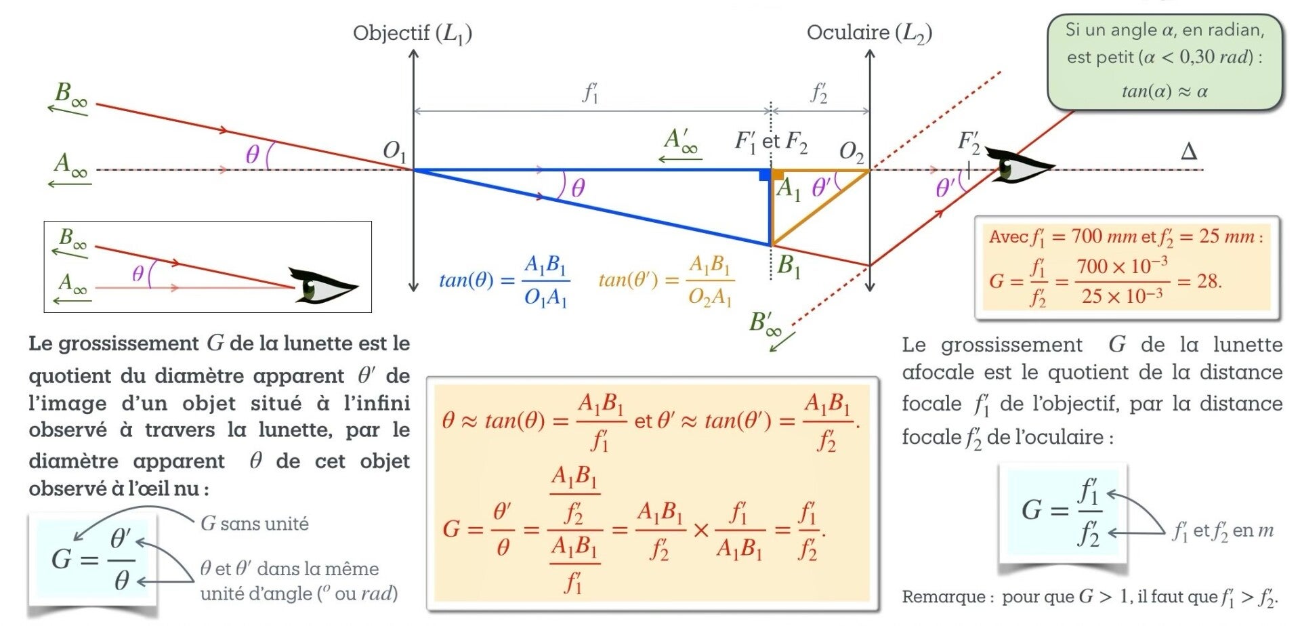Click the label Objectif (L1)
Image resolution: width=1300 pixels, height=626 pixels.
tap(413, 33)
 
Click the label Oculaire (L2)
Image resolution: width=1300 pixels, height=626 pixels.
tap(869, 33)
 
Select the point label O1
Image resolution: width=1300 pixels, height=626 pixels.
tap(395, 150)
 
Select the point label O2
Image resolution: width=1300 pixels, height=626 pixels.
tap(852, 152)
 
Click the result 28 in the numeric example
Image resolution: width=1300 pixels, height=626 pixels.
tap(1209, 280)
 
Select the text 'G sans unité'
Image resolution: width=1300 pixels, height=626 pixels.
tap(255, 524)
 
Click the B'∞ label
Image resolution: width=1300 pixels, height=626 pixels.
tap(765, 323)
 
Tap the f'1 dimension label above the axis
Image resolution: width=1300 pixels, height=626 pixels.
tap(591, 93)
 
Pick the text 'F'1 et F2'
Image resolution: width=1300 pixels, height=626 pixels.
tap(772, 142)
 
